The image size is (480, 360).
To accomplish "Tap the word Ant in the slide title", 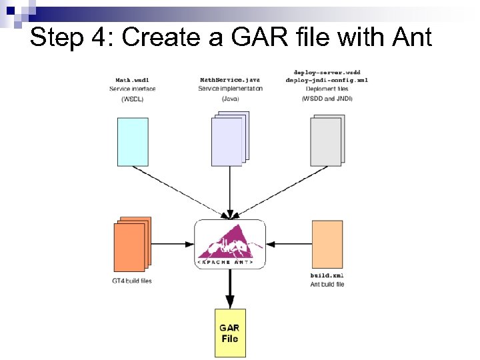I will click(407, 37).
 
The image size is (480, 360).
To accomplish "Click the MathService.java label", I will click(230, 80).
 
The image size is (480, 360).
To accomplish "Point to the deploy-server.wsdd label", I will click(327, 71).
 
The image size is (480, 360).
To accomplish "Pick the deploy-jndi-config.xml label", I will click(327, 80).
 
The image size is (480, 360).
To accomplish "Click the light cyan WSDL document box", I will click(132, 141).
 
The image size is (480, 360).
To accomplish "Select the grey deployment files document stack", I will click(327, 139).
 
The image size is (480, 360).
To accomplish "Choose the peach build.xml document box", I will click(327, 244).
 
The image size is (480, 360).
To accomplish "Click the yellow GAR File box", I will click(229, 333).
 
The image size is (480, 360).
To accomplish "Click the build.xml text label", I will click(327, 275).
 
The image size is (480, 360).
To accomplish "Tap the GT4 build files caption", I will click(132, 281).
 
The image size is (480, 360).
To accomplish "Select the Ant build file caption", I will click(327, 285).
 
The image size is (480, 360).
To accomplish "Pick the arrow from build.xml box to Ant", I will click(289, 244).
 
